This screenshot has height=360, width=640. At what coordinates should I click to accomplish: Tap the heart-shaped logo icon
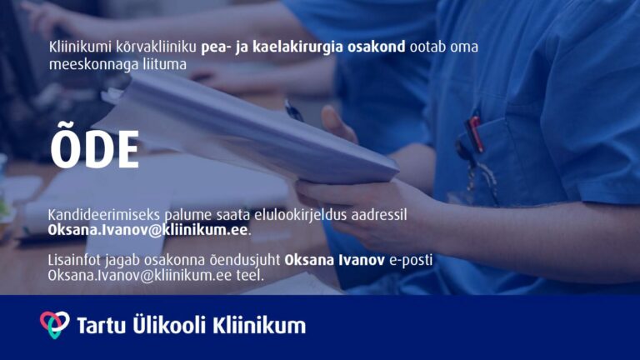coord(54,324)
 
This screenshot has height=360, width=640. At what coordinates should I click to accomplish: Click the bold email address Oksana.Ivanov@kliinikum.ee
coord(147,230)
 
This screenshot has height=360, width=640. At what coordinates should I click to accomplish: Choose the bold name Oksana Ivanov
coord(335,260)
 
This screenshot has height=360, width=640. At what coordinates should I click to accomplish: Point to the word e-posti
coord(411,260)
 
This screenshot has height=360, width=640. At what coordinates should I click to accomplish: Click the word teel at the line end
coord(249,276)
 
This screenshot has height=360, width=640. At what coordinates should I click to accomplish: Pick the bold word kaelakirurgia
coord(297,47)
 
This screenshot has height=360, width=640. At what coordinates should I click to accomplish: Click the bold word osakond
coord(377,47)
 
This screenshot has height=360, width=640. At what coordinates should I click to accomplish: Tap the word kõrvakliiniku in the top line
coord(156,47)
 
